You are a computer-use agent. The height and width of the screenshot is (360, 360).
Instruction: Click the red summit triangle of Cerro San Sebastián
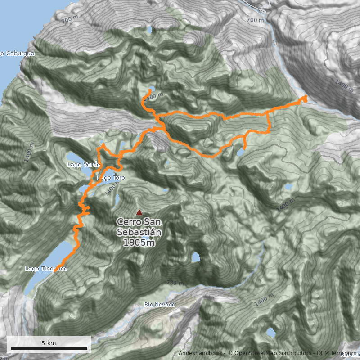point(139,212)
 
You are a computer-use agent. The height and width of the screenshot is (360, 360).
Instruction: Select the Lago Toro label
point(111,178)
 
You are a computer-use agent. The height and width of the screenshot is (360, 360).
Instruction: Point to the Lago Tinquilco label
point(46,269)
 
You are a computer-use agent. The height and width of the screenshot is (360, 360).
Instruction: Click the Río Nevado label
point(160,305)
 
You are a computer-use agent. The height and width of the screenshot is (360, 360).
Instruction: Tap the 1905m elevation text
point(139,243)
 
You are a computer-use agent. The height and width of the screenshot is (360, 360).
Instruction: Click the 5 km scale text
point(49,343)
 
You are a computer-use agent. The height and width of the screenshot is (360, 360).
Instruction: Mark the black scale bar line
point(49,348)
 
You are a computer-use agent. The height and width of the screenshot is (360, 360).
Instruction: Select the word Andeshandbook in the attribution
point(200,353)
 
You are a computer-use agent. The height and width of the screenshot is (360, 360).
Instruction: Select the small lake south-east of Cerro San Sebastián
point(195,257)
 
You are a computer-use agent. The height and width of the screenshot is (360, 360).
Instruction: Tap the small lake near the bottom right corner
point(270,332)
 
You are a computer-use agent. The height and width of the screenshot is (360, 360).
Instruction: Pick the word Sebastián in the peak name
point(139,232)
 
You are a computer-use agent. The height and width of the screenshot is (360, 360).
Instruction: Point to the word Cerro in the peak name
point(128,222)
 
